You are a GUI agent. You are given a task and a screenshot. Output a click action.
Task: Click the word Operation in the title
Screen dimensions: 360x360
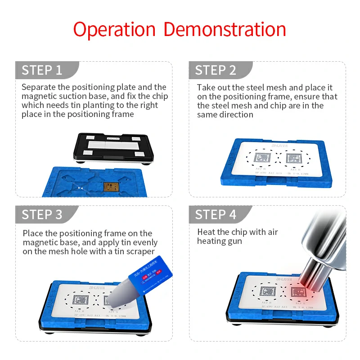[115, 30]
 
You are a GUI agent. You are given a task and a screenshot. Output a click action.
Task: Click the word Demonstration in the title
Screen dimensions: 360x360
[225, 29]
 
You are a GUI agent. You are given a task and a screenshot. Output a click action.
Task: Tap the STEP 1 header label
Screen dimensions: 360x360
[42, 70]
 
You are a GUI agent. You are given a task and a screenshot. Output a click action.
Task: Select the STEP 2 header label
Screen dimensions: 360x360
[215, 70]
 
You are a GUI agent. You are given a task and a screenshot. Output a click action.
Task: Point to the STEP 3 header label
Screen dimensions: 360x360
[42, 215]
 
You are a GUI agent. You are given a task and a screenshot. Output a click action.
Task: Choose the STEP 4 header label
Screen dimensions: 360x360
[215, 215]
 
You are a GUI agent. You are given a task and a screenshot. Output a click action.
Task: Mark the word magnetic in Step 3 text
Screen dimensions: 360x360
[40, 243]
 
